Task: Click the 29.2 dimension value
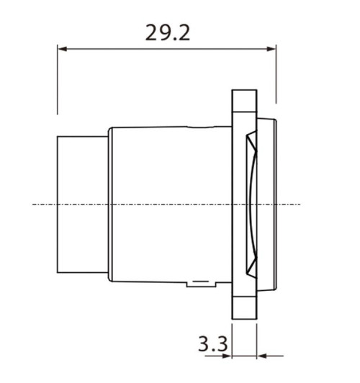[168, 32]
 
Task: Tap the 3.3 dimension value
[212, 344]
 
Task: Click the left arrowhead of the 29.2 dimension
[62, 49]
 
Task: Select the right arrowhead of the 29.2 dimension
[271, 49]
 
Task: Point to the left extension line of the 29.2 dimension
[58, 79]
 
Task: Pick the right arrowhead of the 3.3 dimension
[261, 355]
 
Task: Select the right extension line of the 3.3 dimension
[256, 338]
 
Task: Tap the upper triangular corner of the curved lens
[251, 138]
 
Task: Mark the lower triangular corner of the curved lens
[251, 271]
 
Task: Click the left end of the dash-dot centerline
[35, 204]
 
